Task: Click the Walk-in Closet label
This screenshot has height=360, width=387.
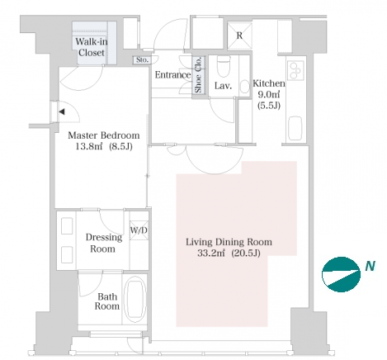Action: pyautogui.click(x=92, y=47)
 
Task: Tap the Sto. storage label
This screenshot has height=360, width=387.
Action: pyautogui.click(x=142, y=59)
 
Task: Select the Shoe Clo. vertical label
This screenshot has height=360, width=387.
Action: pyautogui.click(x=198, y=74)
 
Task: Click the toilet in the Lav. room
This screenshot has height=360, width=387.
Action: pyautogui.click(x=223, y=66)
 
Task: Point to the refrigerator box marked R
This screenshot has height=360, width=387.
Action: pyautogui.click(x=239, y=36)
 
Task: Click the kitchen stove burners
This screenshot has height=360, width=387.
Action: pyautogui.click(x=295, y=70)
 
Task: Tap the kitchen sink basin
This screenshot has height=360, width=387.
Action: pyautogui.click(x=295, y=128)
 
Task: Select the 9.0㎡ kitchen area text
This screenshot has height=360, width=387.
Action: pyautogui.click(x=269, y=95)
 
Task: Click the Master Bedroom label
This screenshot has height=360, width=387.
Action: pyautogui.click(x=104, y=135)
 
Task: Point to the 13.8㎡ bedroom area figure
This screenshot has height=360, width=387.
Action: pyautogui.click(x=89, y=146)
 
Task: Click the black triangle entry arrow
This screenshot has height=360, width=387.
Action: pyautogui.click(x=62, y=111)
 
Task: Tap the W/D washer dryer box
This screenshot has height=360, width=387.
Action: pyautogui.click(x=139, y=230)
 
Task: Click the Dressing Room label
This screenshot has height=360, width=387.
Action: pyautogui.click(x=104, y=243)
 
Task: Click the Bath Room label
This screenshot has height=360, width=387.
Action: pyautogui.click(x=107, y=301)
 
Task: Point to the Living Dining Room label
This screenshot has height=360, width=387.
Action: pyautogui.click(x=229, y=242)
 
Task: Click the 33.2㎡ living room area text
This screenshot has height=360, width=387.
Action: pyautogui.click(x=211, y=253)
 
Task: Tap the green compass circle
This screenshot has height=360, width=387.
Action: pyautogui.click(x=341, y=274)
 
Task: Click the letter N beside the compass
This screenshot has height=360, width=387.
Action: pyautogui.click(x=370, y=266)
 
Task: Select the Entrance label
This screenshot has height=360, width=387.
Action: pyautogui.click(x=172, y=74)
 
